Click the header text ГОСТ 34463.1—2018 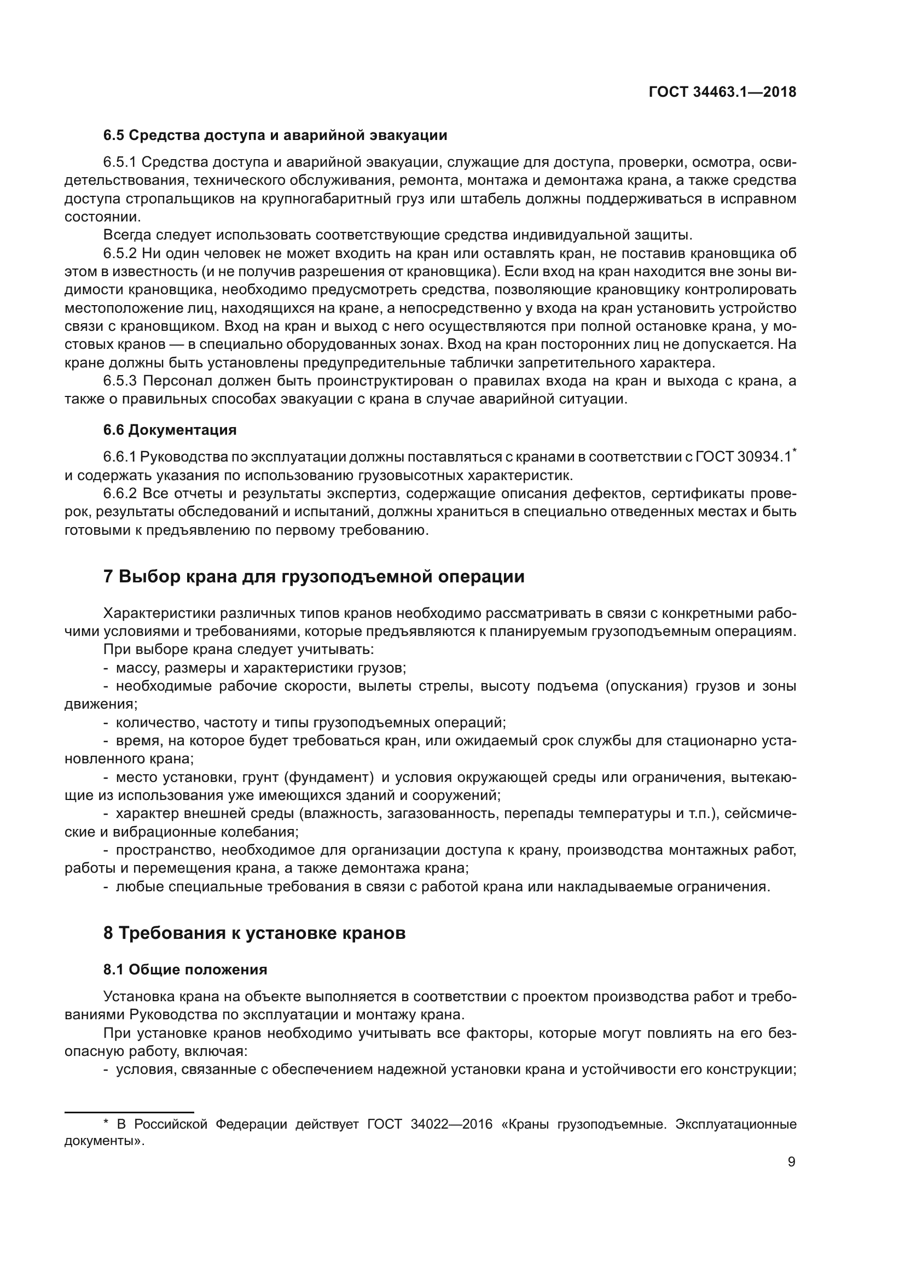pyautogui.click(x=722, y=92)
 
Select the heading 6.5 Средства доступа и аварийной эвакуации pyautogui.click(x=275, y=136)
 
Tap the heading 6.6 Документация pyautogui.click(x=170, y=430)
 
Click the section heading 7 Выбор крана pyautogui.click(x=313, y=576)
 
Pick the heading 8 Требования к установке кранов pyautogui.click(x=254, y=933)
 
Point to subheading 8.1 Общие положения pyautogui.click(x=185, y=970)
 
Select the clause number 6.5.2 pyautogui.click(x=120, y=254)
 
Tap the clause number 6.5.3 pyautogui.click(x=120, y=381)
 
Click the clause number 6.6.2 pyautogui.click(x=120, y=494)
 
